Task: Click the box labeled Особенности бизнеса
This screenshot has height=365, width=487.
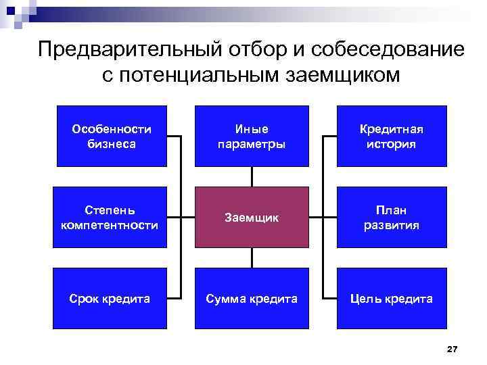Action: click(x=112, y=136)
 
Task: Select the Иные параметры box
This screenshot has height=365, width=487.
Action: click(x=252, y=136)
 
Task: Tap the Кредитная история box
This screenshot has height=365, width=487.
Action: click(x=392, y=136)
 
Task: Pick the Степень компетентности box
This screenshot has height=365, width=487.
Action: click(x=112, y=217)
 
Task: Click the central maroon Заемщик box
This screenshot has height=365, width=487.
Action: click(x=252, y=217)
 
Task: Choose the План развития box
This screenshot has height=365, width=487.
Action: click(x=392, y=217)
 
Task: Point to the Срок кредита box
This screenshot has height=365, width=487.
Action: click(x=112, y=298)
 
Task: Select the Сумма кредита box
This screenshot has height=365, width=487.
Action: click(x=252, y=298)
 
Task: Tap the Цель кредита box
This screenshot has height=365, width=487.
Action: click(x=392, y=298)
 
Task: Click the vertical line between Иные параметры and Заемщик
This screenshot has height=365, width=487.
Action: click(x=252, y=176)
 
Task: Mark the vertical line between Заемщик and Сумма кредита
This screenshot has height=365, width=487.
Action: click(x=252, y=258)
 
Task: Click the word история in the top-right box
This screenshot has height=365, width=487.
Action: click(x=392, y=144)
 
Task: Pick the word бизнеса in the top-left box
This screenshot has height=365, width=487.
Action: click(x=112, y=144)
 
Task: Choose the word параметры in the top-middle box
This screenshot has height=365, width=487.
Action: click(x=252, y=144)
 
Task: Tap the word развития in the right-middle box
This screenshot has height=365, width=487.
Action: click(x=392, y=225)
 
